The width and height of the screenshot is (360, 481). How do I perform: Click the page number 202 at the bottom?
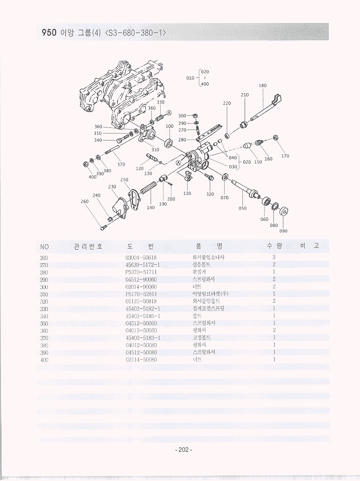point(183,450)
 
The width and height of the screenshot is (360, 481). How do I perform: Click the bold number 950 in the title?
point(49,33)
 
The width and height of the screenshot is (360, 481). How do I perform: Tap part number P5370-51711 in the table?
point(141,272)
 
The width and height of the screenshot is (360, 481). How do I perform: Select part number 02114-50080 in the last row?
point(141,360)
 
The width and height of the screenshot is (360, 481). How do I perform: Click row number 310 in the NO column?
point(44,294)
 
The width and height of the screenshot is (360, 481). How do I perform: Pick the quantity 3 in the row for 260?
point(274,257)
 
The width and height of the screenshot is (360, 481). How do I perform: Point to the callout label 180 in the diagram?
point(262,86)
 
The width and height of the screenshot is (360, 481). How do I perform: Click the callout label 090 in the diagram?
point(283,231)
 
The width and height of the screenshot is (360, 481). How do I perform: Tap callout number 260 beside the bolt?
point(85,201)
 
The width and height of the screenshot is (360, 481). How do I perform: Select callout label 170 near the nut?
point(285,156)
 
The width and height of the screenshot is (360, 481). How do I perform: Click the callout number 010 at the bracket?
point(190,78)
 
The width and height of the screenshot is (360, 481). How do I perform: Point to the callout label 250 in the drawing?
point(124,180)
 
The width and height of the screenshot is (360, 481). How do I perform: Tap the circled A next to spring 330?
point(169,113)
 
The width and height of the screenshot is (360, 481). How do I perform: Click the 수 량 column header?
point(275,246)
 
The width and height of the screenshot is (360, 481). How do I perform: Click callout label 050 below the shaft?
point(242,208)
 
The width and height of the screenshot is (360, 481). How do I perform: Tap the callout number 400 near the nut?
point(92,177)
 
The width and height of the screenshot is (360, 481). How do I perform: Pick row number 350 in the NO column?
point(44,323)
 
